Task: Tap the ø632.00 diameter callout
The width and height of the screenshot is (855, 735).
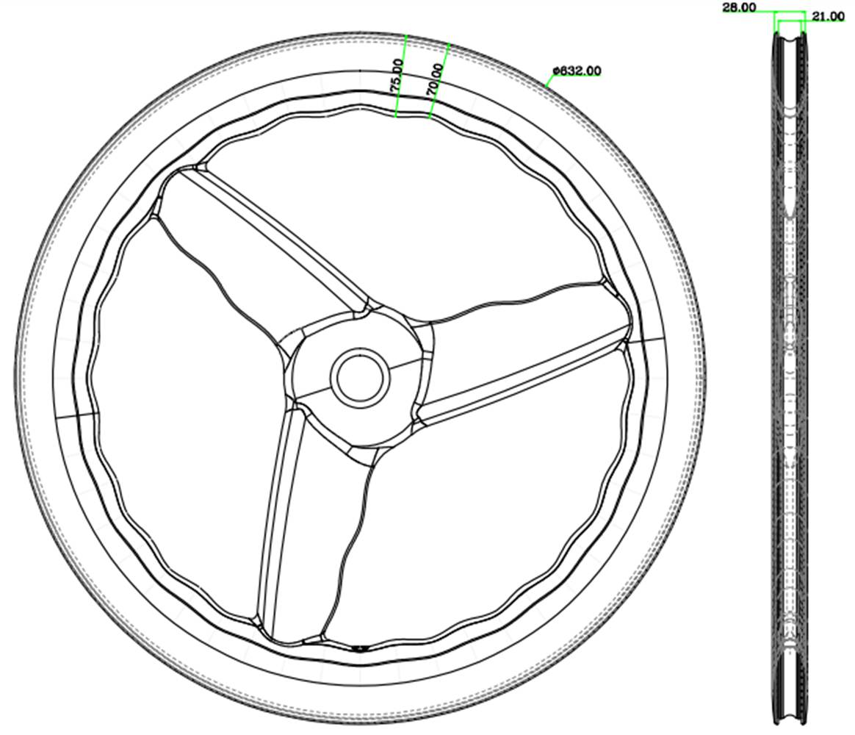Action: point(577,71)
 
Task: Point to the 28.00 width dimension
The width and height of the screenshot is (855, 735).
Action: point(738,7)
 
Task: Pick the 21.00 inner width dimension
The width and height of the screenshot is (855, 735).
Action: point(827,17)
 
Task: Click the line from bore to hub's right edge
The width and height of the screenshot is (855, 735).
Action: point(407,361)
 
